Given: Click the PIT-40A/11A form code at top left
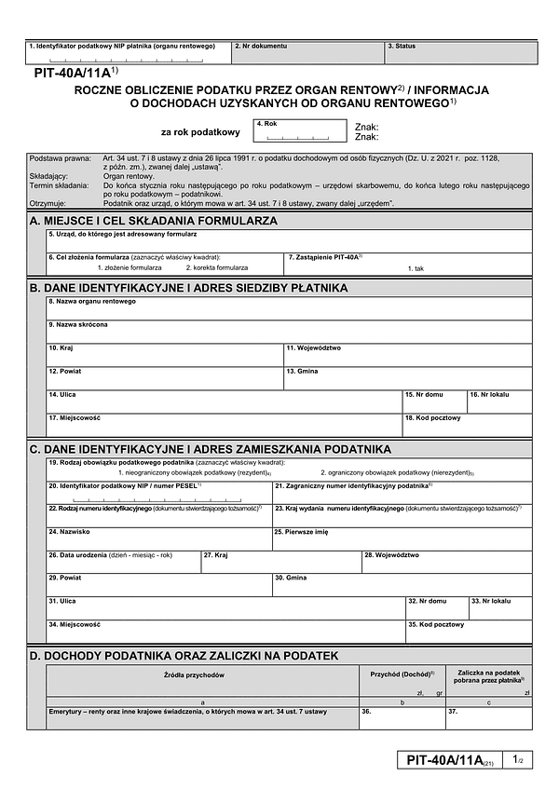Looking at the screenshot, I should (x=71, y=72).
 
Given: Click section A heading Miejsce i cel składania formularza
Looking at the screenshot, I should (x=154, y=221).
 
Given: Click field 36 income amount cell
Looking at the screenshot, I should (x=402, y=718).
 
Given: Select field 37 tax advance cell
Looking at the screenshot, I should (x=488, y=718).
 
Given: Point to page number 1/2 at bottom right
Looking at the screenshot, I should (x=518, y=760).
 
